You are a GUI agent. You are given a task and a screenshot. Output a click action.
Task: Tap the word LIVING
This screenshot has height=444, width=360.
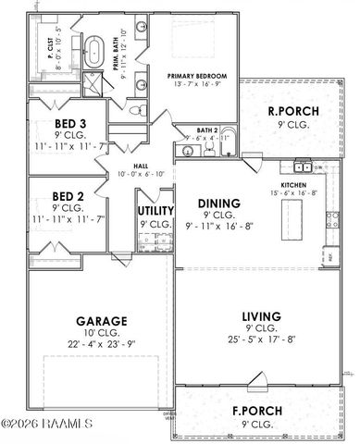(260, 316)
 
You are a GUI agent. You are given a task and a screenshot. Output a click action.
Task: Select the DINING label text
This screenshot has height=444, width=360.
(218, 203)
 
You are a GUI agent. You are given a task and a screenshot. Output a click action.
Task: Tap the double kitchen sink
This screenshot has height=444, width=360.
(302, 166)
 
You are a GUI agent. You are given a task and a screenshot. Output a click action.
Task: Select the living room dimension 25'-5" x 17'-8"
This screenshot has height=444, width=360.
(260, 339)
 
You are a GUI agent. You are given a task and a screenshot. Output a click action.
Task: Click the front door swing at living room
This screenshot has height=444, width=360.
(256, 378)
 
